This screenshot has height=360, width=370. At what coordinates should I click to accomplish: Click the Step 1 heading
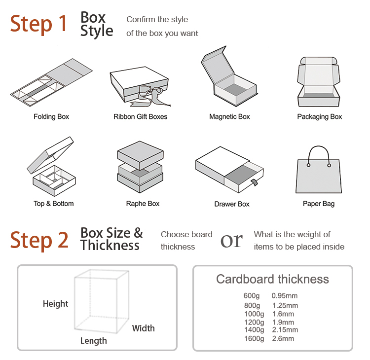pyautogui.click(x=38, y=24)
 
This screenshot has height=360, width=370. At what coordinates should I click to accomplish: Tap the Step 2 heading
pyautogui.click(x=39, y=240)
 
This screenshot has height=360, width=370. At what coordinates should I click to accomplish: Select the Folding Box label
pyautogui.click(x=51, y=117)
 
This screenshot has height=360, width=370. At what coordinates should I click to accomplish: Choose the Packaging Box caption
pyautogui.click(x=319, y=117)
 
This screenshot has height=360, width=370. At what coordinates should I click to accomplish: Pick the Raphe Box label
pyautogui.click(x=143, y=204)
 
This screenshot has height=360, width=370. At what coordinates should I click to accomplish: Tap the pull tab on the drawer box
pyautogui.click(x=254, y=184)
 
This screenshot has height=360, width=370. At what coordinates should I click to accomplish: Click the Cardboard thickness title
pyautogui.click(x=272, y=279)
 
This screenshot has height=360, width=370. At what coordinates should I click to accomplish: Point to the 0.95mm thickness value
pyautogui.click(x=285, y=296)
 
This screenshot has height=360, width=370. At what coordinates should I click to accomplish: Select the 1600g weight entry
pyautogui.click(x=254, y=339)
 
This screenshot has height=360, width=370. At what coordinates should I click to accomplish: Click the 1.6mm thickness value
pyautogui.click(x=283, y=314)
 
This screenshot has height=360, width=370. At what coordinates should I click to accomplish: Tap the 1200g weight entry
pyautogui.click(x=254, y=322)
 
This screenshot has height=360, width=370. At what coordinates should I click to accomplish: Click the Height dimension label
pyautogui.click(x=56, y=304)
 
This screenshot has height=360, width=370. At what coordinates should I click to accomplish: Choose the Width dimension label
pyautogui.click(x=143, y=328)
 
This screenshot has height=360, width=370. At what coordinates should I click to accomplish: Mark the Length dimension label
pyautogui.click(x=93, y=341)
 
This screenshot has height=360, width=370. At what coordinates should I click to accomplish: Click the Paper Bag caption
pyautogui.click(x=318, y=204)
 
